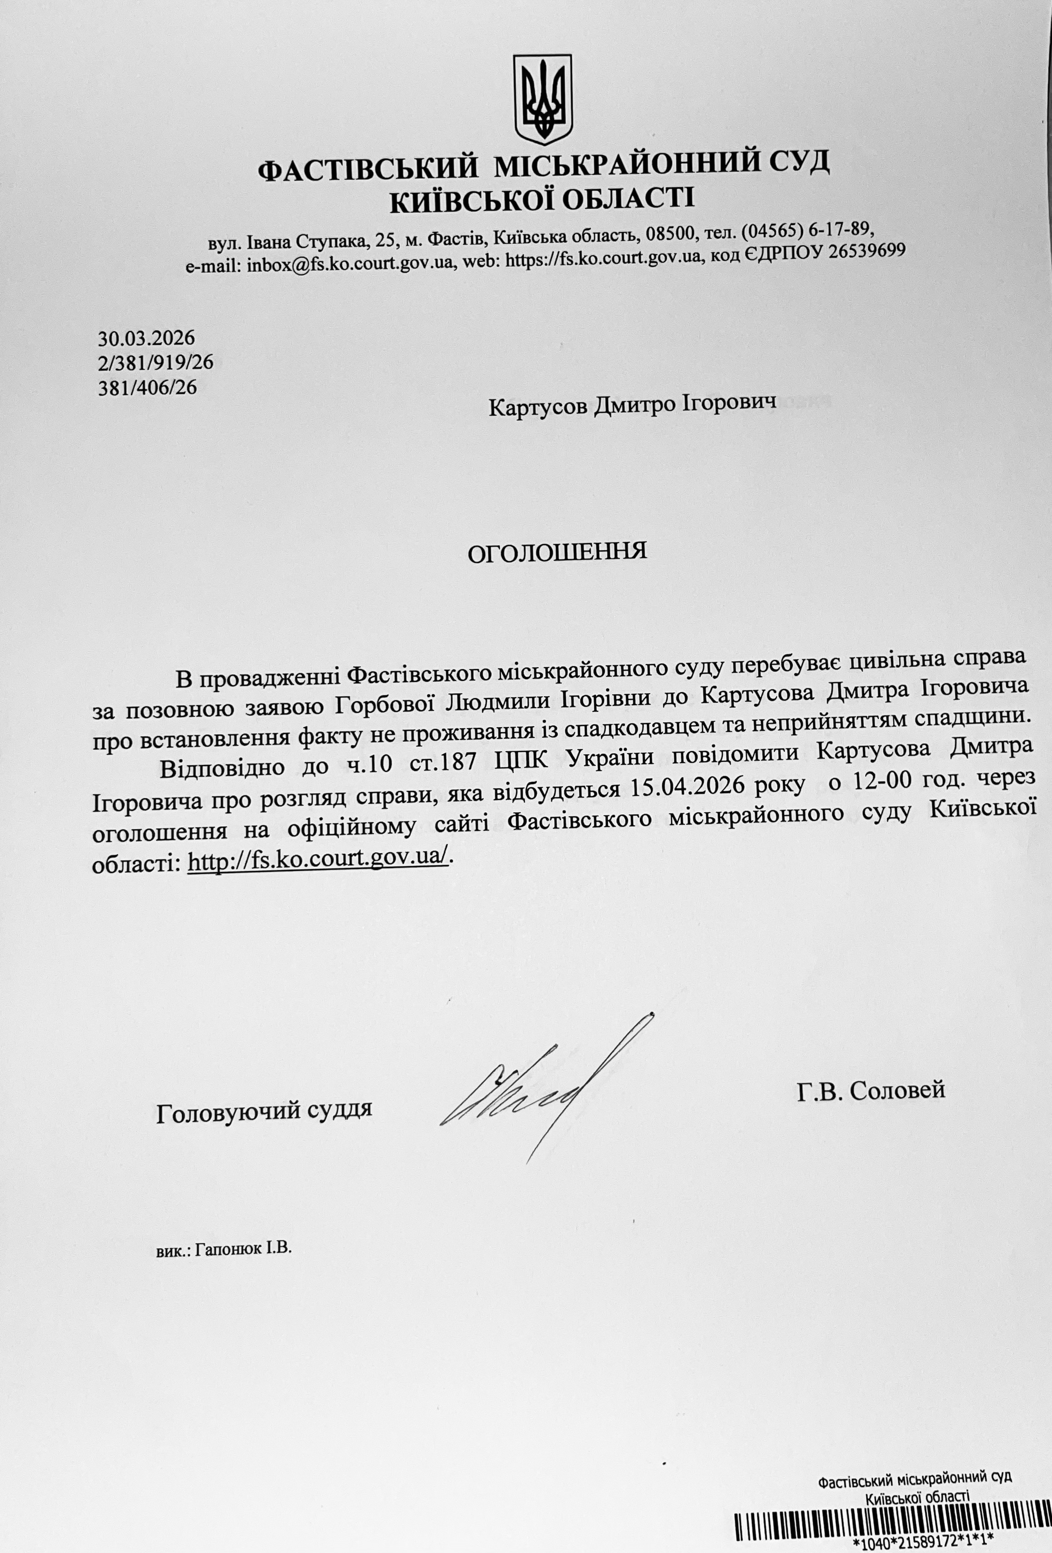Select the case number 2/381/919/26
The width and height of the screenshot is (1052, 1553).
coord(156,363)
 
